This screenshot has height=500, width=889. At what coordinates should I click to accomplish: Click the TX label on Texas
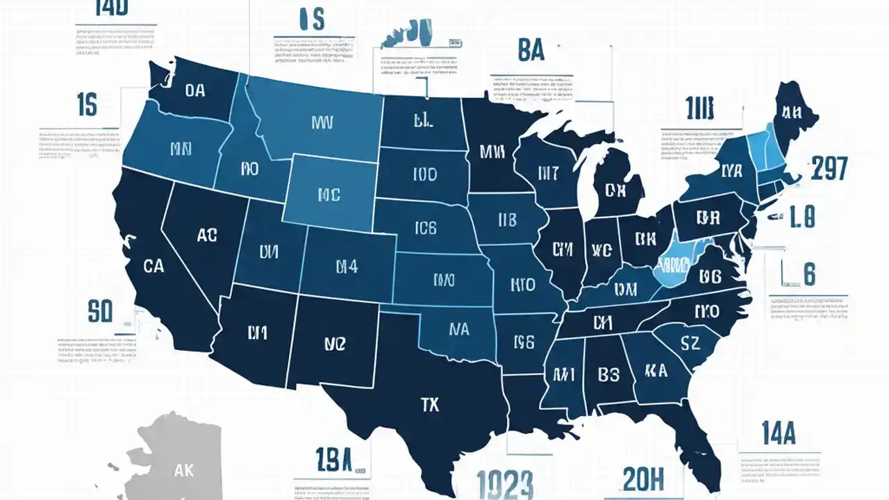(430, 404)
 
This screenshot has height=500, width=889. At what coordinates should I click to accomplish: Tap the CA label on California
(153, 265)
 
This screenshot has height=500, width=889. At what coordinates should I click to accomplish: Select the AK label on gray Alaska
(184, 470)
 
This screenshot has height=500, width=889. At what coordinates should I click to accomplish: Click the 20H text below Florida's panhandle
(643, 478)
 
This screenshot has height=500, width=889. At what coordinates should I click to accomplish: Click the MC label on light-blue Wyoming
(329, 195)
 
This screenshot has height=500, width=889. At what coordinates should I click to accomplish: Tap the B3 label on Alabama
(608, 374)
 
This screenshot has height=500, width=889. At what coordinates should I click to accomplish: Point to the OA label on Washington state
(195, 90)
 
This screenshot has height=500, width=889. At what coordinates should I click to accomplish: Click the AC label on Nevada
(207, 235)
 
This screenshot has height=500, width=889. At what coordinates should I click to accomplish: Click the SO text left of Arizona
(100, 312)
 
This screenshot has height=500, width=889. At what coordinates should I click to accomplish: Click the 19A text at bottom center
(334, 460)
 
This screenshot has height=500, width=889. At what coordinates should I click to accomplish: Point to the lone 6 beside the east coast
(809, 274)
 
